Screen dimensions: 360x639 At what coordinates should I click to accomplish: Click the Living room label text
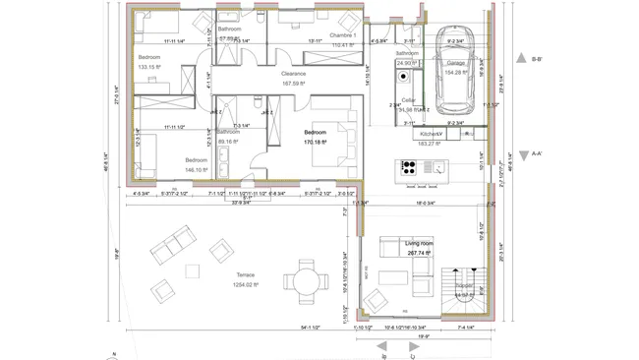420,242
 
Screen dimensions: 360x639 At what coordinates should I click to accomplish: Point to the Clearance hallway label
293,74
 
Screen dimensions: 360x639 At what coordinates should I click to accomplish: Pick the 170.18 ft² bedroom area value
315,142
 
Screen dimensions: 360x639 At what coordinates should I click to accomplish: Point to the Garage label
456,63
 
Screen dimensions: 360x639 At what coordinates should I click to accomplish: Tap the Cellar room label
408,100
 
